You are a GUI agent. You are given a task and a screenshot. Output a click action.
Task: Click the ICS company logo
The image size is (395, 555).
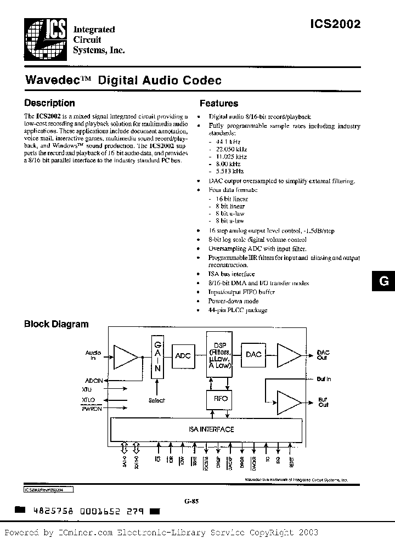(46, 37)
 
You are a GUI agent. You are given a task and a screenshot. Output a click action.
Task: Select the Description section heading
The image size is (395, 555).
(50, 103)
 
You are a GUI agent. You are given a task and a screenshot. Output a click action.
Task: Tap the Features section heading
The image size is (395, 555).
(219, 103)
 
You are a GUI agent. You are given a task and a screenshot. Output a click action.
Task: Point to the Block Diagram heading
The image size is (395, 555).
(56, 324)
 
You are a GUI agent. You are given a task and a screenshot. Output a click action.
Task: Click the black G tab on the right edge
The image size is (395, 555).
(384, 281)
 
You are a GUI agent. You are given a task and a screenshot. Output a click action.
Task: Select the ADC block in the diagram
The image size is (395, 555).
(183, 355)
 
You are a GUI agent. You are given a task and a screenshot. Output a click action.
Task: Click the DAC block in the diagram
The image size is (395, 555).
(253, 355)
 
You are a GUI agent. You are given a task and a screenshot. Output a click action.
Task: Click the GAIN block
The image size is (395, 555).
(156, 356)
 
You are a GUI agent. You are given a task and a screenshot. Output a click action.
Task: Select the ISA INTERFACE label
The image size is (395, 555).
(207, 429)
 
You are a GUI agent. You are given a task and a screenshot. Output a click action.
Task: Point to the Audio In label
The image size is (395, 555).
(93, 355)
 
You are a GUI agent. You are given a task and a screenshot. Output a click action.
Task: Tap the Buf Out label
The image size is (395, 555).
(324, 402)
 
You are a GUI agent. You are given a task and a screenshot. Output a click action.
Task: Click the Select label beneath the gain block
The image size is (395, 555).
(156, 400)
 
